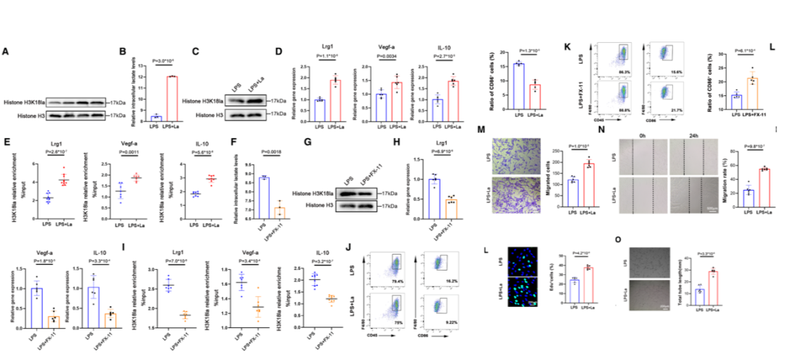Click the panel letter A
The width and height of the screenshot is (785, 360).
pos(6,52)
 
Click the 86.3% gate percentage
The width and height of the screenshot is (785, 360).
pos(623,73)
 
